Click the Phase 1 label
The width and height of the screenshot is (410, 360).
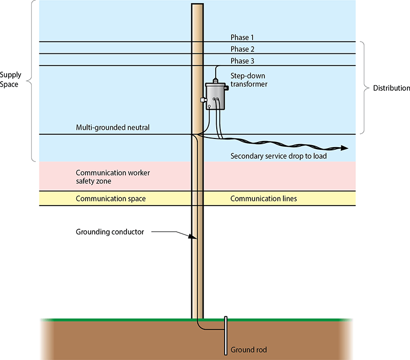tap(242, 37)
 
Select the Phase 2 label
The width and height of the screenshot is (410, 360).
tap(242, 49)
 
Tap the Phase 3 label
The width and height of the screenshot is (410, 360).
tap(242, 61)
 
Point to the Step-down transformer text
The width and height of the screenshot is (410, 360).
tap(249, 79)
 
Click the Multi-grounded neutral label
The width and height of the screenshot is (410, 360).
tap(113, 127)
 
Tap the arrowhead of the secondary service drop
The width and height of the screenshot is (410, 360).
tap(344, 148)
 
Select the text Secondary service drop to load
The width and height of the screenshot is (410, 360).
tap(278, 156)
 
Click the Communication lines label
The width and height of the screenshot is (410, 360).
tap(263, 198)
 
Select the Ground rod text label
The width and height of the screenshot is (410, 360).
tap(249, 350)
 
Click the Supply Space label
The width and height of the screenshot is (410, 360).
tap(11, 79)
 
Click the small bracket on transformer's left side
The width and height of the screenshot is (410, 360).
tap(203, 101)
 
